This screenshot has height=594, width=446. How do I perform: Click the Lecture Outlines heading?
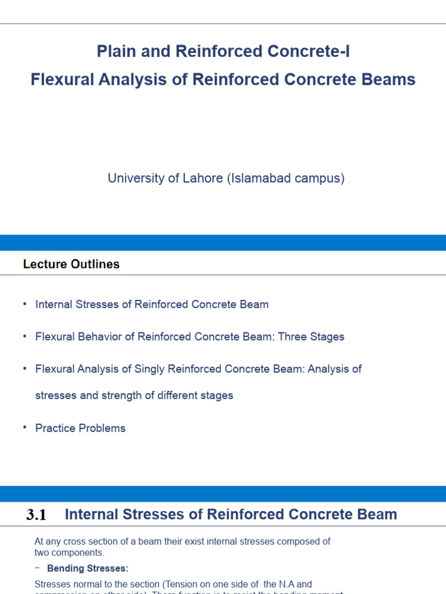click(71, 265)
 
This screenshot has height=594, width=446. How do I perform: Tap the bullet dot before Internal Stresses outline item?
click(25, 304)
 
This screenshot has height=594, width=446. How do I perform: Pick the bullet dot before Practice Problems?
click(25, 428)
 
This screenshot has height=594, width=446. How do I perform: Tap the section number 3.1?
click(36, 515)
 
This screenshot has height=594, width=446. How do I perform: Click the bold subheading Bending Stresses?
click(88, 568)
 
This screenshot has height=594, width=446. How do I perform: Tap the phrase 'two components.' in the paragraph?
click(69, 552)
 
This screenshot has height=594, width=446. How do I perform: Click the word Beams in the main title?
click(392, 79)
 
